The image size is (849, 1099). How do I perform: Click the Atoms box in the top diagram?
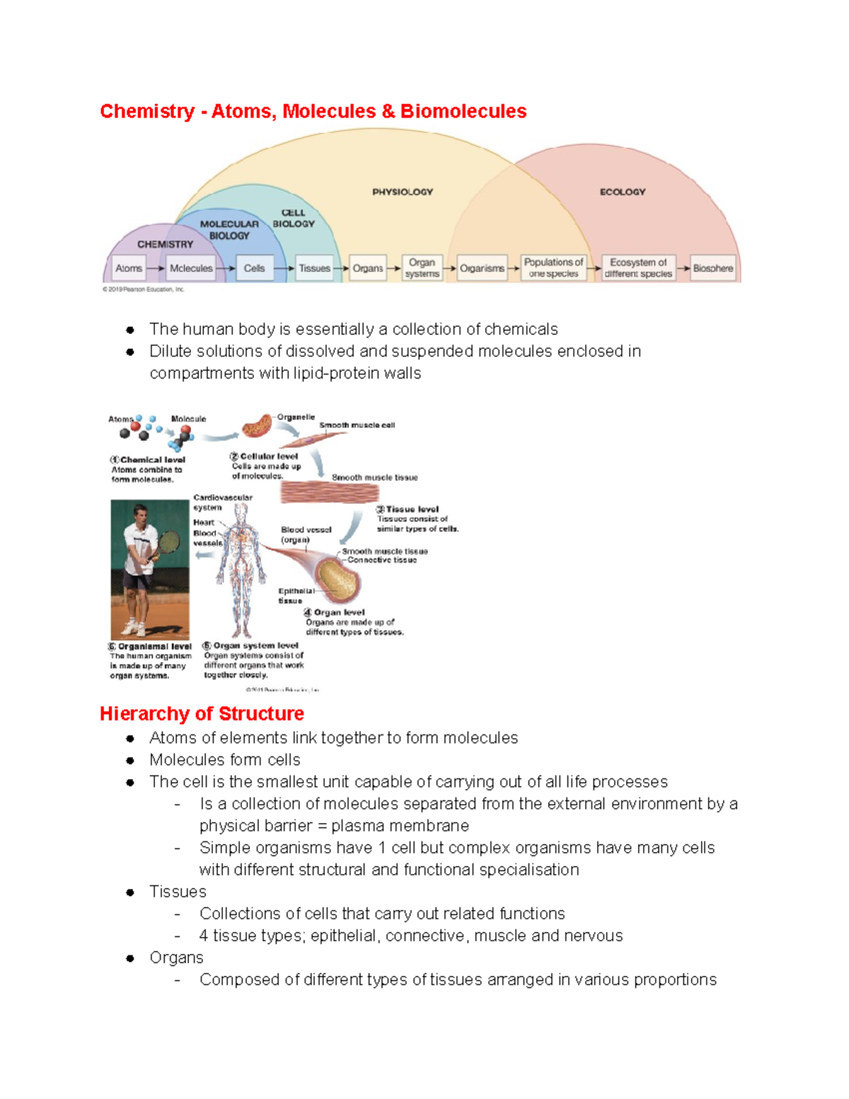click(x=129, y=268)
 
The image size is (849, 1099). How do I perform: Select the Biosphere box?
click(x=712, y=268)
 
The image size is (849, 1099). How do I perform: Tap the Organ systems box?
click(x=422, y=268)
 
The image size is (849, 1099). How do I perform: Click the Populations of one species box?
click(x=553, y=268)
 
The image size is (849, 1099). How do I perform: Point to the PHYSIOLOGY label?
click(x=403, y=192)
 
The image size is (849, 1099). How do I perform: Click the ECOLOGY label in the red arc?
click(x=623, y=192)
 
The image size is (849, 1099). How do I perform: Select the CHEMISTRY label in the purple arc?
click(x=165, y=244)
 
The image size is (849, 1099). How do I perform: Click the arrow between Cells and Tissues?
click(x=284, y=269)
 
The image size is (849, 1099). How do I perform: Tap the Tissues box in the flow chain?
click(x=314, y=268)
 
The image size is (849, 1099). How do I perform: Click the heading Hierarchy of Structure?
click(x=202, y=713)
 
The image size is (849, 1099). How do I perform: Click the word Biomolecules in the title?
click(x=463, y=111)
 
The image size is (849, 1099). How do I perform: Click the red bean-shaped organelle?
click(x=256, y=426)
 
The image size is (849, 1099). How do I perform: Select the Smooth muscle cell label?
click(x=357, y=425)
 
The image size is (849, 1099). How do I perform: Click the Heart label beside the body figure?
click(x=204, y=522)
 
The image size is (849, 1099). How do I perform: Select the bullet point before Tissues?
click(x=130, y=892)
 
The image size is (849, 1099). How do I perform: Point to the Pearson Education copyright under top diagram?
click(x=144, y=289)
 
